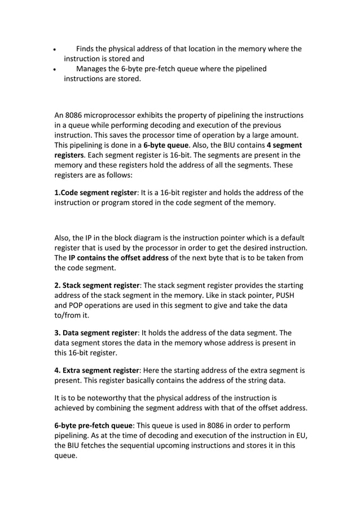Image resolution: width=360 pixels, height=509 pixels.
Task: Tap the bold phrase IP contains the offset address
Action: [x=118, y=258]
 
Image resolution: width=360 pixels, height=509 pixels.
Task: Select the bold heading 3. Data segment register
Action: [x=95, y=333]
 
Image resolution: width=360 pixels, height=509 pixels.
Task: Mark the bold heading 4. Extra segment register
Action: [x=96, y=370]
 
